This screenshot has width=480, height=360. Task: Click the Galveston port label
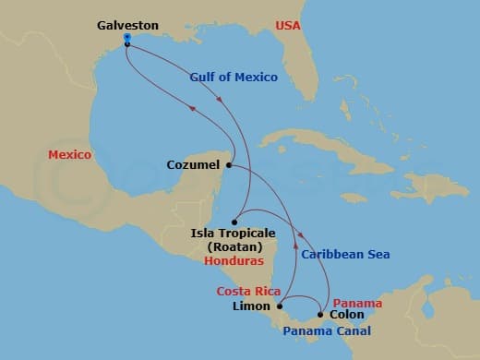pyautogui.click(x=127, y=26)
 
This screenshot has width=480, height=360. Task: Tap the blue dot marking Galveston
pyautogui.click(x=126, y=38)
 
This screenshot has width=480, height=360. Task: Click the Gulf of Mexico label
pyautogui.click(x=234, y=77)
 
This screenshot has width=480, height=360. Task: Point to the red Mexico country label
pyautogui.click(x=71, y=154)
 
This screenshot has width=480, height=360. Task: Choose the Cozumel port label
pyautogui.click(x=194, y=165)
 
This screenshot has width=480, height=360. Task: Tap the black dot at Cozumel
pyautogui.click(x=228, y=165)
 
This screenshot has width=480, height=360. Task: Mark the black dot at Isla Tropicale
pyautogui.click(x=234, y=222)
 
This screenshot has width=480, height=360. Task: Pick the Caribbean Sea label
pyautogui.click(x=345, y=254)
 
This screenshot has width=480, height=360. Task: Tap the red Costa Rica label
pyautogui.click(x=248, y=290)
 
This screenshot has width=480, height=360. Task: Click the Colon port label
pyautogui.click(x=346, y=315)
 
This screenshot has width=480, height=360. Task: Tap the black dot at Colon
pyautogui.click(x=320, y=315)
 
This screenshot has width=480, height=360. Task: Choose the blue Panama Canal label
pyautogui.click(x=327, y=330)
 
